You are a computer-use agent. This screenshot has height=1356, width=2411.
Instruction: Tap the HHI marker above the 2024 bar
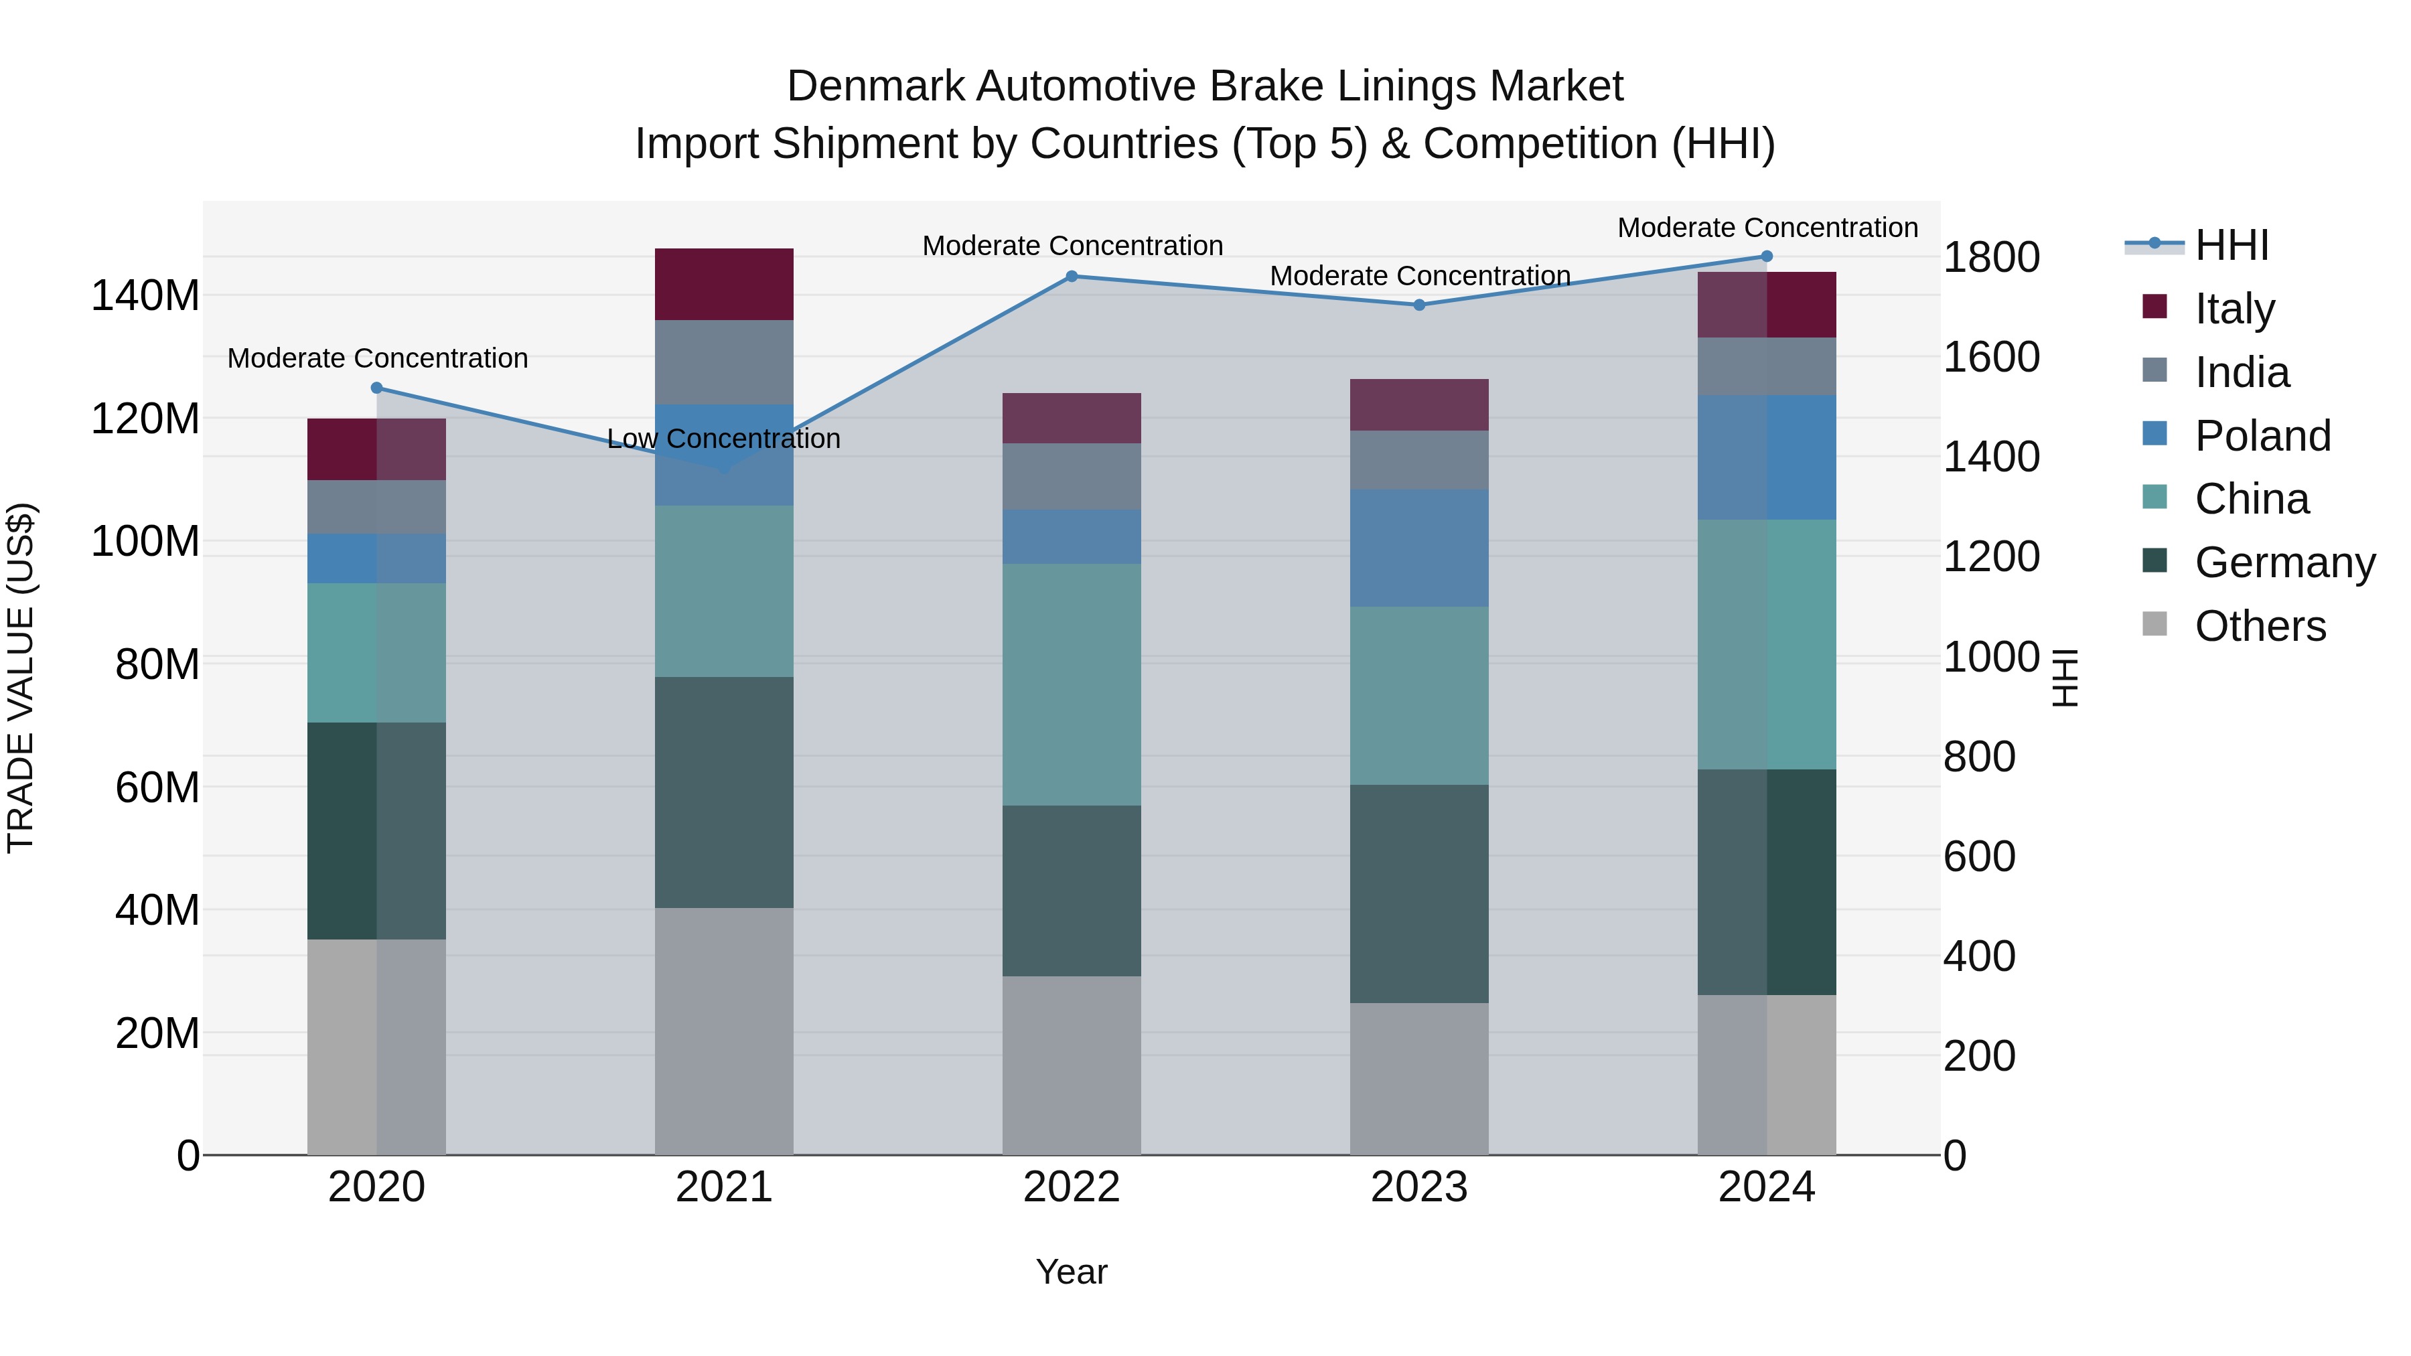click(x=1767, y=256)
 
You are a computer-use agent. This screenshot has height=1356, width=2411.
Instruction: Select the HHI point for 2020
click(x=376, y=388)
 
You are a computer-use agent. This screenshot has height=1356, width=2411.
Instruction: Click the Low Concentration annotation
click(x=723, y=439)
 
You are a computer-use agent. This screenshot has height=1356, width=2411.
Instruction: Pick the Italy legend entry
click(x=2234, y=309)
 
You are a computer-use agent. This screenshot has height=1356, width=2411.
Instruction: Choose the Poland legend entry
click(x=2262, y=436)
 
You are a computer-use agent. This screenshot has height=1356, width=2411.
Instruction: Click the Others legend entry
click(x=2260, y=626)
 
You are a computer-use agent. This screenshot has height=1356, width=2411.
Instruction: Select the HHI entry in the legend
click(x=2232, y=245)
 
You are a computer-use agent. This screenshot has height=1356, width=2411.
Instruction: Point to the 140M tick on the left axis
click(x=145, y=296)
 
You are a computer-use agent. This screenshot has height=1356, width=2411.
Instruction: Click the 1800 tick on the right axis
click(x=1991, y=257)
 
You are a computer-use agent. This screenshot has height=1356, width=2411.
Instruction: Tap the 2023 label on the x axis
click(x=1419, y=1187)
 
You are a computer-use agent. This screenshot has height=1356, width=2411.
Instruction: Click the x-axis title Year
click(x=1072, y=1272)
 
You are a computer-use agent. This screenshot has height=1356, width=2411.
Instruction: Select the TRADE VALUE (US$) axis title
click(x=21, y=678)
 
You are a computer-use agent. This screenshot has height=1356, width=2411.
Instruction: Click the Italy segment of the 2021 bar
click(x=723, y=285)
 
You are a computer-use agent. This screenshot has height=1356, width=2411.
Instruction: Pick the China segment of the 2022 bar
click(x=1072, y=684)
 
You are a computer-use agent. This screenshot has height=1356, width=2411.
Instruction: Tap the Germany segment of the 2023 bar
click(x=1419, y=894)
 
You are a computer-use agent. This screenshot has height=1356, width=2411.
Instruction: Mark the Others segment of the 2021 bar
click(x=723, y=1031)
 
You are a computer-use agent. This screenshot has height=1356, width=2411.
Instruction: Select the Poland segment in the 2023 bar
click(x=1419, y=548)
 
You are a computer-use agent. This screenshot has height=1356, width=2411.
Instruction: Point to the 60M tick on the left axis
click(x=157, y=788)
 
